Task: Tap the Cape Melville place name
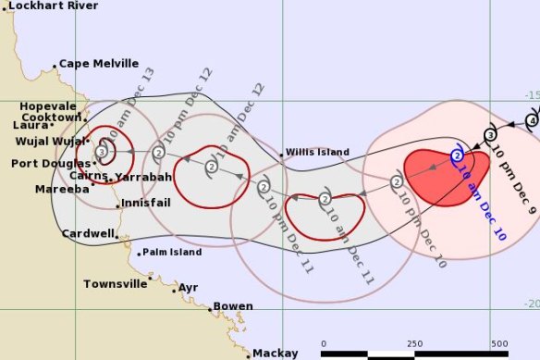(x=94, y=65)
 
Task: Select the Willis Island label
(x=318, y=152)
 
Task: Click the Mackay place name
(x=276, y=354)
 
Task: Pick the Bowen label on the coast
(x=233, y=306)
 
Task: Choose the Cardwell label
(x=88, y=234)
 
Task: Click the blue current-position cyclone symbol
(x=457, y=156)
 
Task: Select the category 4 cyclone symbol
(x=532, y=120)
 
